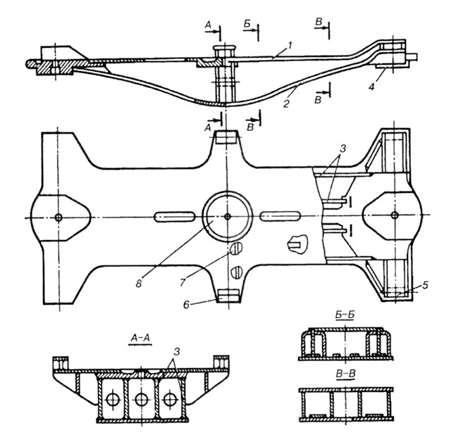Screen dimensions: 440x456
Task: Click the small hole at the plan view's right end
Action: (395, 215)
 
